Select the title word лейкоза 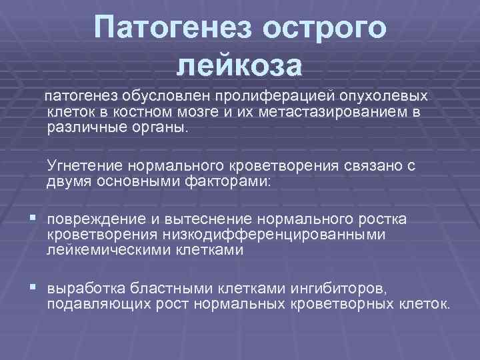241,65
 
